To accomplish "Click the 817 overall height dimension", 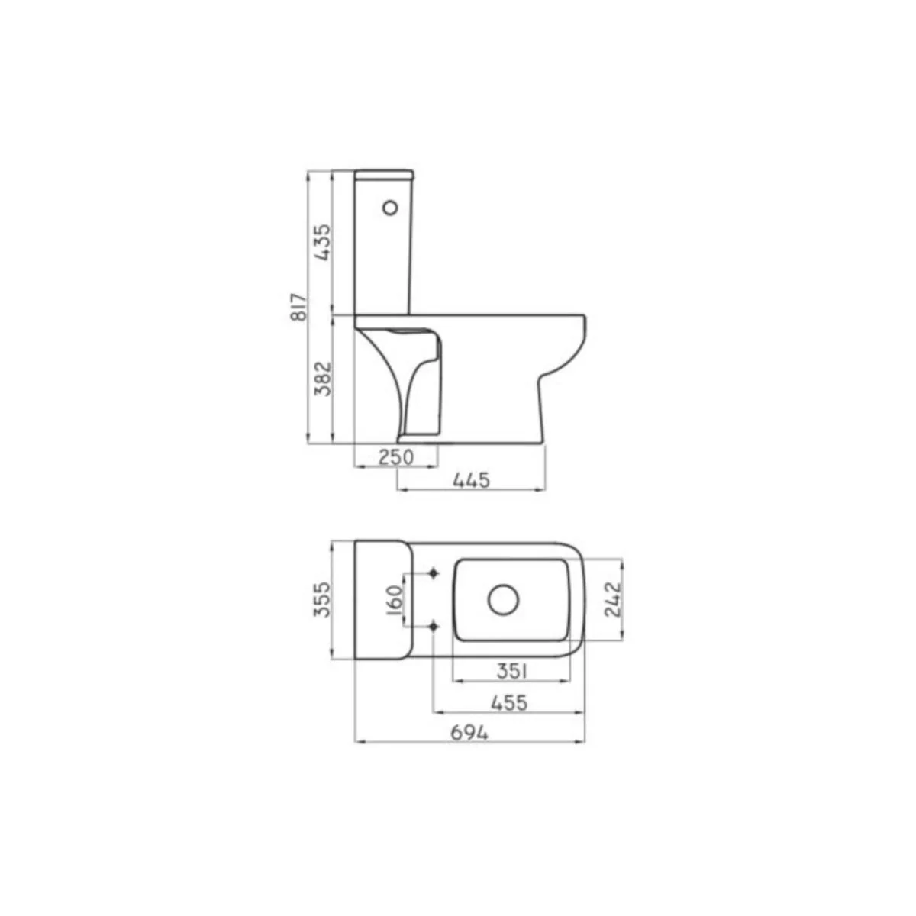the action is pyautogui.click(x=299, y=307).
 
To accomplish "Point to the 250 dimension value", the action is pyautogui.click(x=396, y=457).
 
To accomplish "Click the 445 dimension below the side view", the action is pyautogui.click(x=471, y=481).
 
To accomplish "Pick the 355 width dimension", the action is pyautogui.click(x=322, y=599).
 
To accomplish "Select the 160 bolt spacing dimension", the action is pyautogui.click(x=395, y=600).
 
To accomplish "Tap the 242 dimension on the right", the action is pyautogui.click(x=613, y=599).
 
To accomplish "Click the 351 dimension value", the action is pyautogui.click(x=512, y=671).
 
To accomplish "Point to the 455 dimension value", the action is pyautogui.click(x=509, y=702).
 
